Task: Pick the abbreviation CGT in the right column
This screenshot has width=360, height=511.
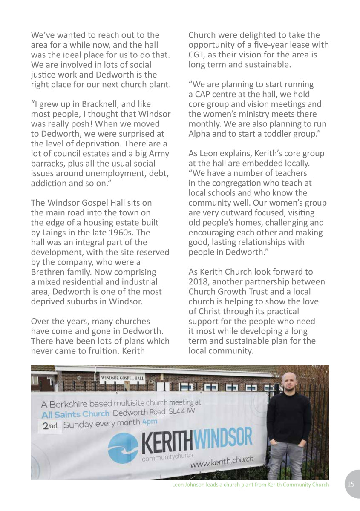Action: coord(197,56)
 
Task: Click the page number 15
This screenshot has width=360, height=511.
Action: coord(351,484)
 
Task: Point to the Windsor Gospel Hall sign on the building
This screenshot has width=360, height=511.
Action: coord(123,378)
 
